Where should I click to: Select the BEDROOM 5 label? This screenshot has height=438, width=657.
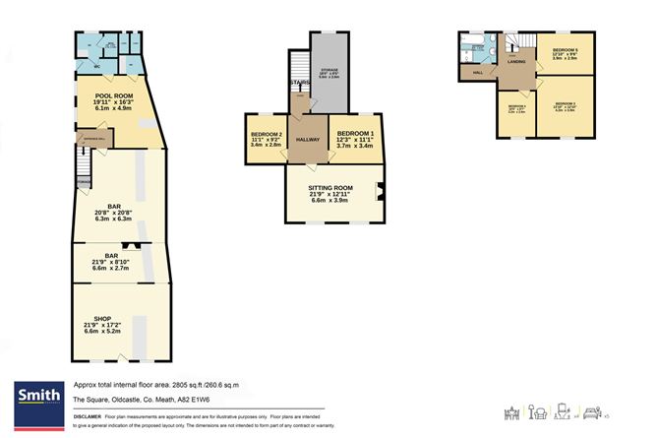pyautogui.click(x=565, y=49)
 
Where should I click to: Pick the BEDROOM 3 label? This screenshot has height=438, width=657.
pyautogui.click(x=565, y=104)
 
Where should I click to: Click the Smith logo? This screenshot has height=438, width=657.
pyautogui.click(x=35, y=396)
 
